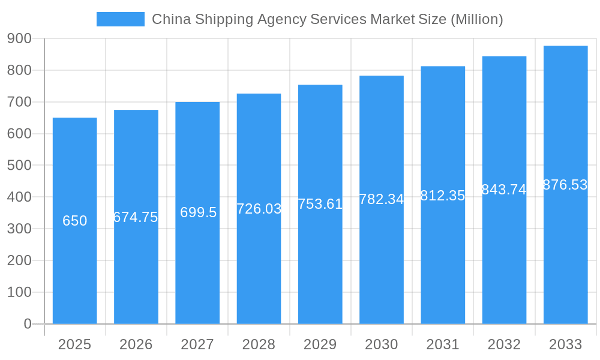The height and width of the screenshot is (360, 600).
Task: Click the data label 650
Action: point(74,221)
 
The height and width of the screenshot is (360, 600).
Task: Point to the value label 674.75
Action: point(136,217)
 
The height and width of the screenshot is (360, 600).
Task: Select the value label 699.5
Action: point(198,212)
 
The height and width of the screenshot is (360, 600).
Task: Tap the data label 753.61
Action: point(320,204)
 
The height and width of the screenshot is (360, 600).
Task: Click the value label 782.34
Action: point(382,199)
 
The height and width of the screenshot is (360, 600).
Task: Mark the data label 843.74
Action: point(504,190)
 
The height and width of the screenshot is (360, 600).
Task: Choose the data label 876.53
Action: point(565,185)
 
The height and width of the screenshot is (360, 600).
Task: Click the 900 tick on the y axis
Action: point(19,38)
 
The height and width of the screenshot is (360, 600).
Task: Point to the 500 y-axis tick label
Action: point(19,165)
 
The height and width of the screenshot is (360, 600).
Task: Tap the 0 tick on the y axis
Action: point(27,324)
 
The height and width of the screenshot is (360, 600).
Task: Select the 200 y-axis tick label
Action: point(19,260)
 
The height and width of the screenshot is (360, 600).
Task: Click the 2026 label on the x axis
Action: point(136,344)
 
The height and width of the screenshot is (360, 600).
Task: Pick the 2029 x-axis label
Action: point(320,344)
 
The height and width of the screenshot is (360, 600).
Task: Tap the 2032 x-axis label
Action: point(504,344)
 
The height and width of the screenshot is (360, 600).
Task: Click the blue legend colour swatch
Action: point(120,19)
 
